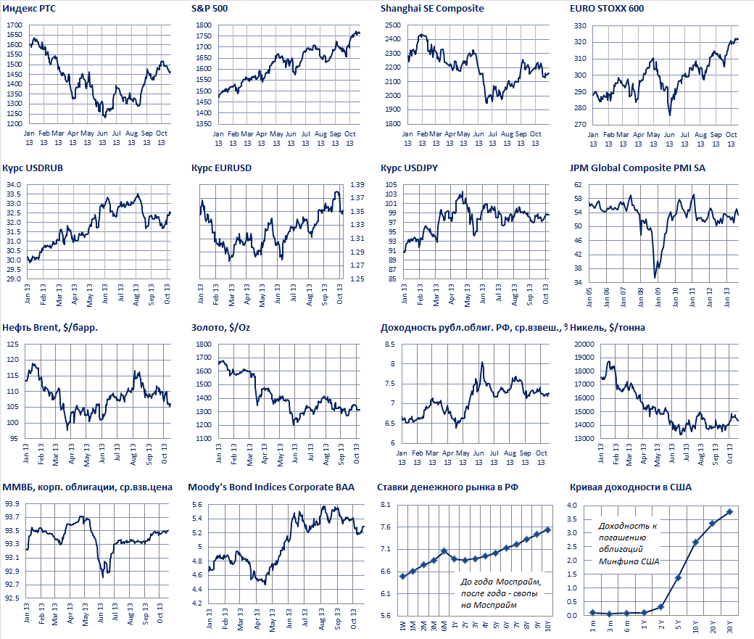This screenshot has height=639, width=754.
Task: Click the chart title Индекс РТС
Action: [x=30, y=9]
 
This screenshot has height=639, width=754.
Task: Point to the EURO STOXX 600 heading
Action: [x=607, y=9]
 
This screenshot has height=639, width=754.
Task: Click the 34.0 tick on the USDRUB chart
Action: [x=14, y=185]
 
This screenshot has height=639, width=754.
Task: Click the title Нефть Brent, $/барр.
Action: [x=50, y=327]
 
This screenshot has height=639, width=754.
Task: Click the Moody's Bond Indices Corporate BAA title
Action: [x=271, y=487]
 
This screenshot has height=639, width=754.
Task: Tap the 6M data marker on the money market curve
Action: [x=444, y=551]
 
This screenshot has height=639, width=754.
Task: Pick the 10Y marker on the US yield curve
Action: [x=695, y=542]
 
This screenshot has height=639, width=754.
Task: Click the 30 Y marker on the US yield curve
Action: [x=729, y=512]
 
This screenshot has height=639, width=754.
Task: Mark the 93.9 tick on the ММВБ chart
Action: [x=12, y=503]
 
